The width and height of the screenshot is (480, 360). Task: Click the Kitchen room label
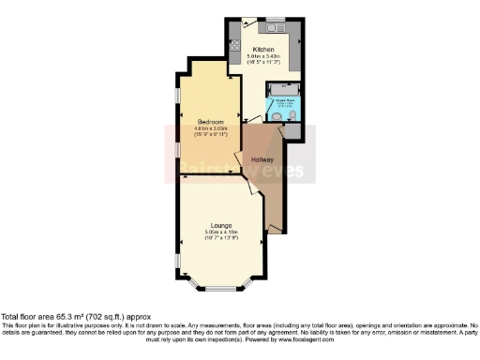(x=262, y=49)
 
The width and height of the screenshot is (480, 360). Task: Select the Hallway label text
(x=262, y=160)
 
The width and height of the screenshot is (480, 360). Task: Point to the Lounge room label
(x=221, y=226)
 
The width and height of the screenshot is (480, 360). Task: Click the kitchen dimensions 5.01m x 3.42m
(x=263, y=57)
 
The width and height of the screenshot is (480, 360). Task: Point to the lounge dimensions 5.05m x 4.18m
(x=221, y=233)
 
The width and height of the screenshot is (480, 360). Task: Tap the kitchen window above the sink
(x=275, y=18)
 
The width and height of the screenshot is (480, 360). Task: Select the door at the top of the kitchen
(x=247, y=23)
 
